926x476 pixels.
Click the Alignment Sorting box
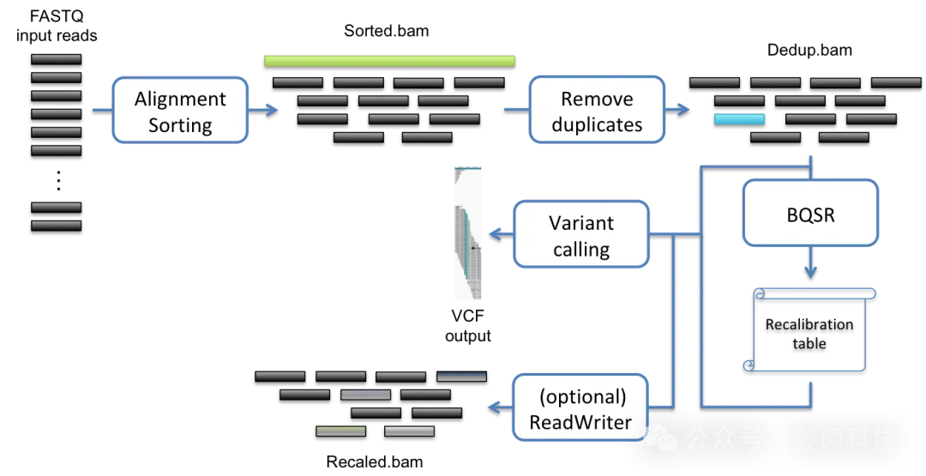[x=179, y=111]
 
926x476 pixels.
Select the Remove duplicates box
[x=597, y=111]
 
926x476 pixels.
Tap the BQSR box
[x=810, y=213]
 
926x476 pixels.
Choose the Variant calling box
[x=580, y=235]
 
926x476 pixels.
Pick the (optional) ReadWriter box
[x=580, y=409]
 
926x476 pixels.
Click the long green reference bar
[x=389, y=61]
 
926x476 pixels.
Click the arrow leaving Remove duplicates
[x=679, y=110]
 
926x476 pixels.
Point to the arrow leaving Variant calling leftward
[x=499, y=234]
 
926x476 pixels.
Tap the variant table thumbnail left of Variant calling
[x=469, y=233]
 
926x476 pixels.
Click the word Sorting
[x=180, y=125]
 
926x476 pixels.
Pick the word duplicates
[x=597, y=125]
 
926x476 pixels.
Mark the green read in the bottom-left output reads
[x=340, y=431]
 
